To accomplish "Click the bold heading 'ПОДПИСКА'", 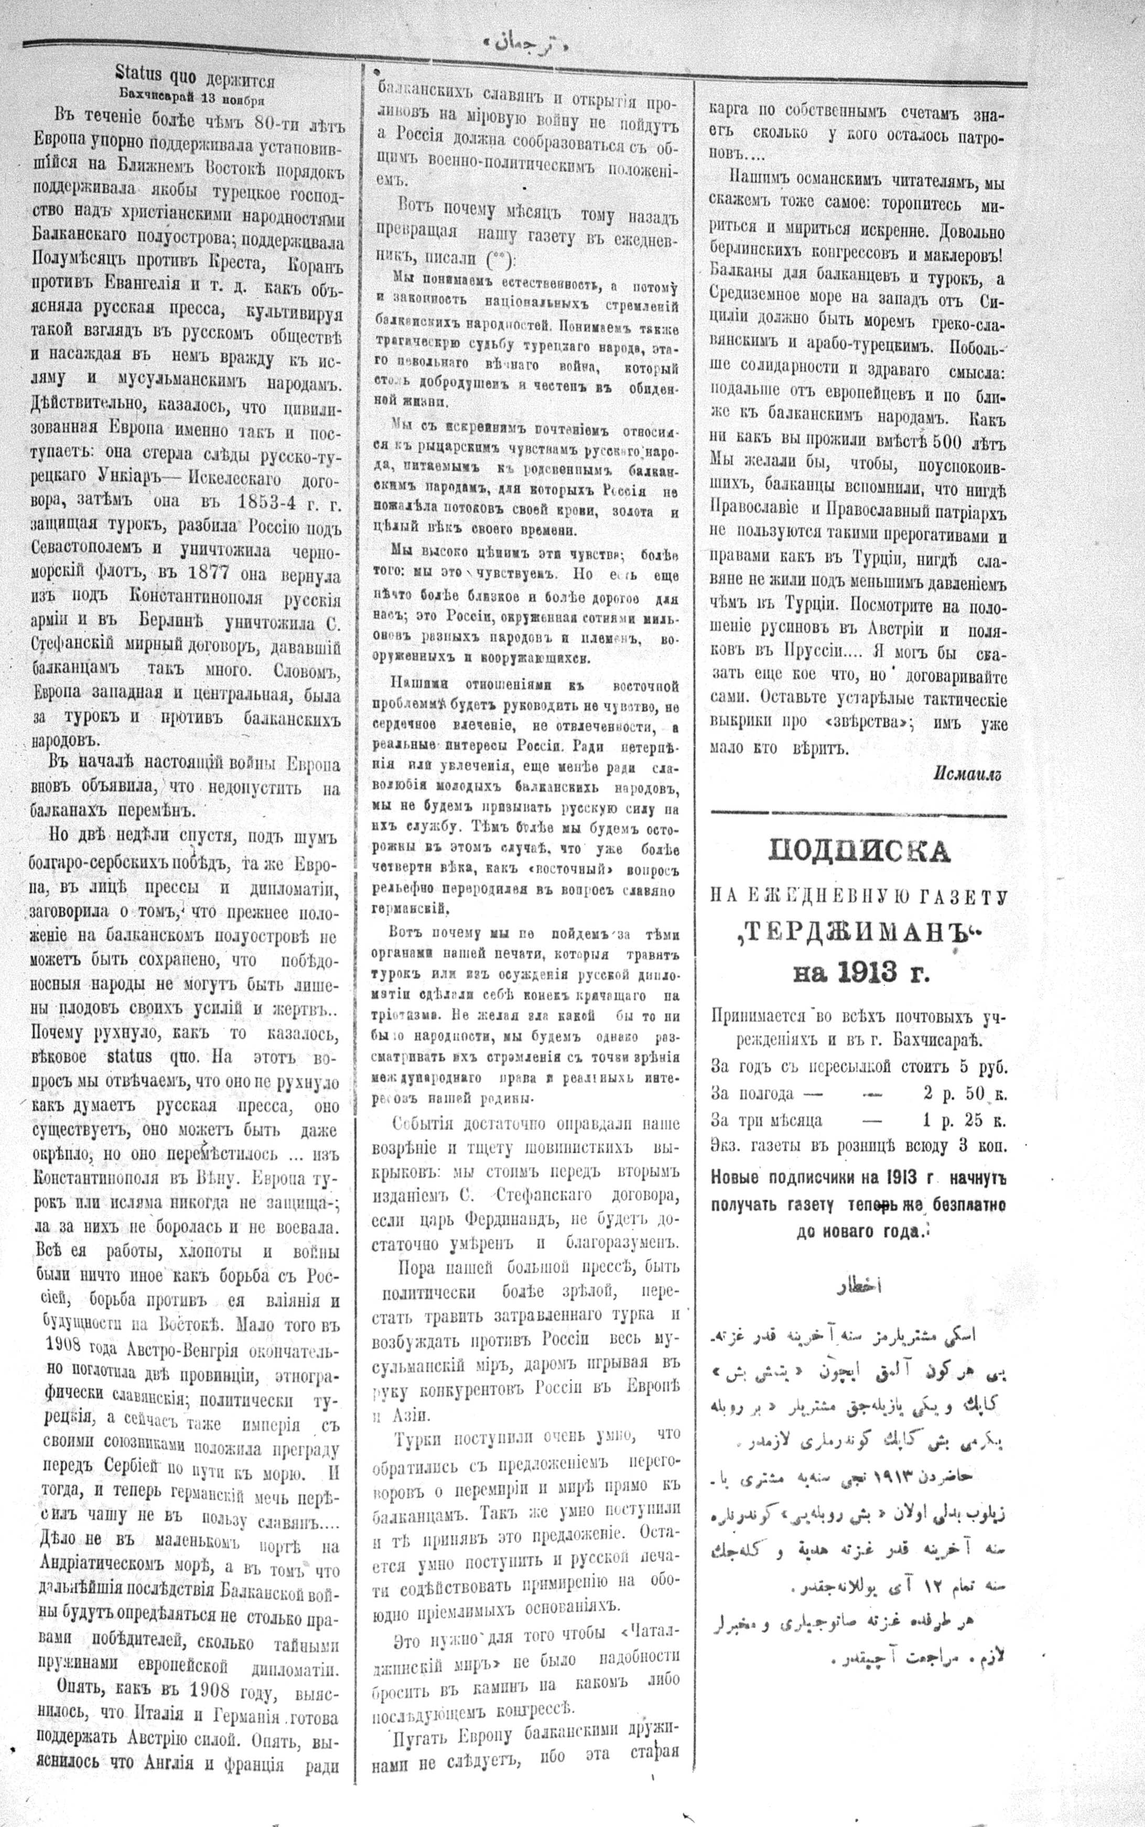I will pos(859,852).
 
